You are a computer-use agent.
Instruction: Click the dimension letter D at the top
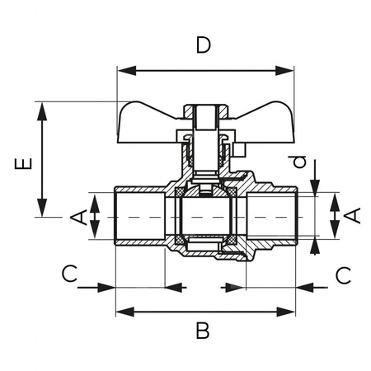(204, 45)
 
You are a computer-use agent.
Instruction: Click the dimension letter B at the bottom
(203, 331)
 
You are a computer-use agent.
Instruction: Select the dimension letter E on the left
(23, 163)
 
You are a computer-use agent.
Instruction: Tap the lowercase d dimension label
(299, 162)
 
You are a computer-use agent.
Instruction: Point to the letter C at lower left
(69, 274)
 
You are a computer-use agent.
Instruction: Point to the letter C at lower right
(344, 275)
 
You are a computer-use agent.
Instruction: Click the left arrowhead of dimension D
(127, 71)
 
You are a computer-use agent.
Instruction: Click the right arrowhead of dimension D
(284, 71)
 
